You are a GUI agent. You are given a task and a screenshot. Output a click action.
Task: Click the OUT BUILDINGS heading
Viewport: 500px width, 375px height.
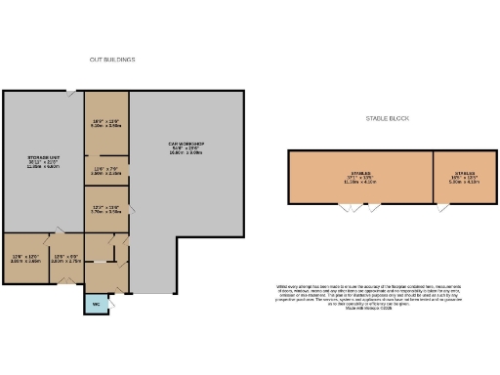pos(112,60)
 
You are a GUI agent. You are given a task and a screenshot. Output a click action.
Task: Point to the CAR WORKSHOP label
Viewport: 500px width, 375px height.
pos(186,148)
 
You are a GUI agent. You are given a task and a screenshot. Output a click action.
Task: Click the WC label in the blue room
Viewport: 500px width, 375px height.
pos(96,305)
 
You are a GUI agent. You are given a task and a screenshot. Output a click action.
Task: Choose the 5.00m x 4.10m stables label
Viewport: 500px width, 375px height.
pos(464,179)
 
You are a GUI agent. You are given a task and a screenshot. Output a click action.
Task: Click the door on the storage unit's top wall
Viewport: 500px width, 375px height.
pos(71,93)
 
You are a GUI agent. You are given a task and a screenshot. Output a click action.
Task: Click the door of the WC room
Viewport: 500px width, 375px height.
pos(96,294)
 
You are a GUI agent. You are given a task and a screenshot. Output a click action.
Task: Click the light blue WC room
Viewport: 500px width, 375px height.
pos(96,304)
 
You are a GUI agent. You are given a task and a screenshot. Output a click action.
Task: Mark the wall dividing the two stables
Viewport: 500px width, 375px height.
pos(432,178)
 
